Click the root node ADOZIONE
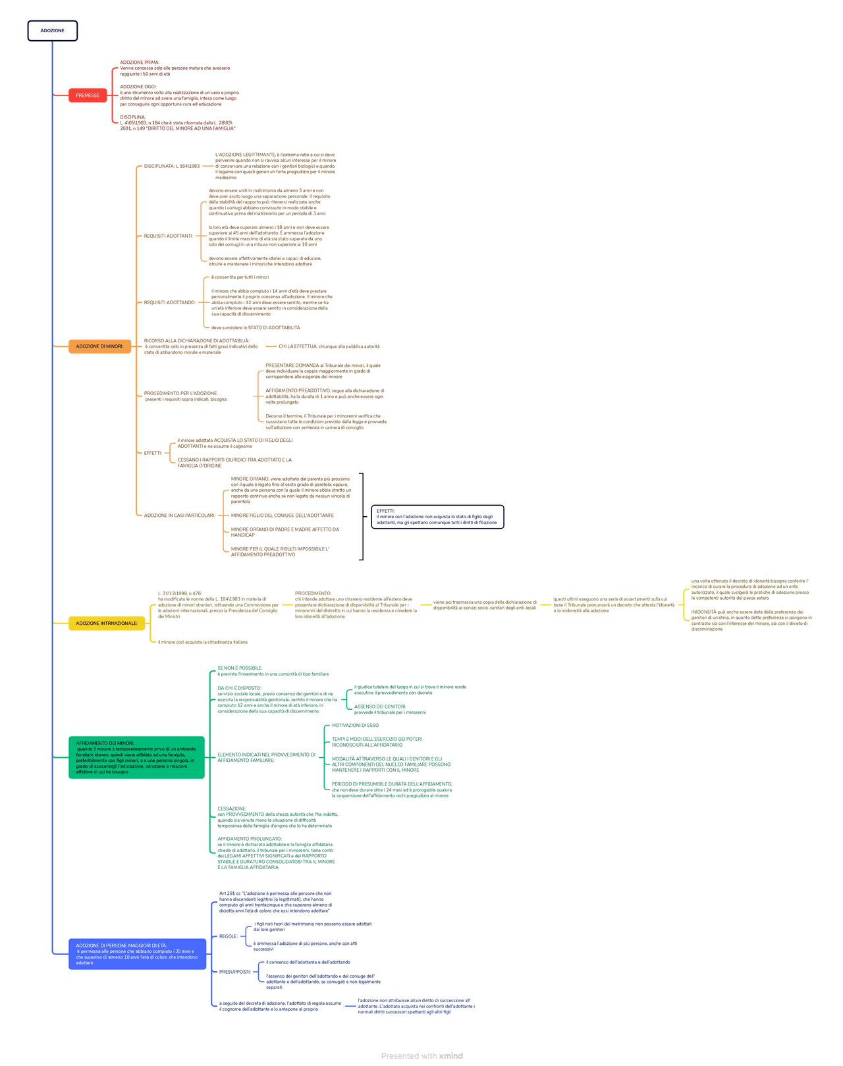click(52, 31)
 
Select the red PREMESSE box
click(88, 95)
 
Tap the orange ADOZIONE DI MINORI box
click(99, 346)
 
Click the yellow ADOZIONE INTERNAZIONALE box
click(107, 624)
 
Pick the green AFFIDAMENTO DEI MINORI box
click(136, 757)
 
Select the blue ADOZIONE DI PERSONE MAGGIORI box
click(137, 954)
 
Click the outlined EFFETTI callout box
click(437, 517)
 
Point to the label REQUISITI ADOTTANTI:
click(169, 236)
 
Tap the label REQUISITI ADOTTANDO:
click(170, 303)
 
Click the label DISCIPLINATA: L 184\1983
click(172, 166)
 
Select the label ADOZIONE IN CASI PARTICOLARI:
click(180, 516)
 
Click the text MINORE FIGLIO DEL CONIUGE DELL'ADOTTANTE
click(282, 516)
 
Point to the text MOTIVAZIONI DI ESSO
click(355, 726)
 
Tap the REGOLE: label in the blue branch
click(229, 936)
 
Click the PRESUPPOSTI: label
click(235, 972)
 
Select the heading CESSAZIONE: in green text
click(232, 809)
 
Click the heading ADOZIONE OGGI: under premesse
click(138, 87)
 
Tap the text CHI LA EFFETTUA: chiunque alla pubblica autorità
click(329, 346)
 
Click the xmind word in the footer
click(451, 1055)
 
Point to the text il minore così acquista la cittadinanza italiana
click(203, 642)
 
